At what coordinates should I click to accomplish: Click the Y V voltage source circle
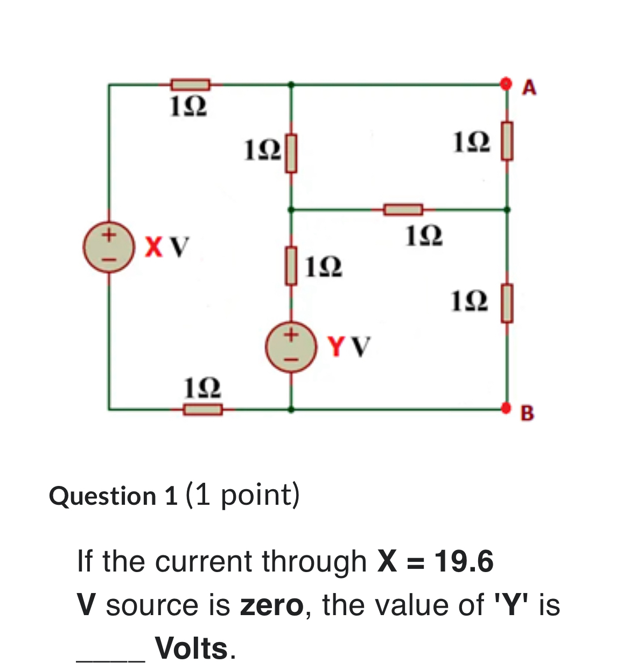pos(290,346)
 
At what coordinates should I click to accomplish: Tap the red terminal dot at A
pos(505,84)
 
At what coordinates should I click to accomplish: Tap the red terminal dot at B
pos(505,408)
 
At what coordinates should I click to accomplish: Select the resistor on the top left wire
pos(190,84)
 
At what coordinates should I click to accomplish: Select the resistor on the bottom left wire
pos(202,410)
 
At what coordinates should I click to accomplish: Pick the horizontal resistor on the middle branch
pos(403,209)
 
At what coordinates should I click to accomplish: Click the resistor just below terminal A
pos(506,141)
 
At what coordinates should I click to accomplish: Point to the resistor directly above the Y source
pos(291,265)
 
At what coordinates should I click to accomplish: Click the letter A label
pos(530,87)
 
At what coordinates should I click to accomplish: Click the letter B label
pos(528,413)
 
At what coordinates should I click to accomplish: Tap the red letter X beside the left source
pos(153,247)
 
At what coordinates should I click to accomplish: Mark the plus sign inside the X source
pos(109,235)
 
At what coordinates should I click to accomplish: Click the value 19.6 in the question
pos(464,561)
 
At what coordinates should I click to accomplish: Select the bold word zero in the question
pos(272,605)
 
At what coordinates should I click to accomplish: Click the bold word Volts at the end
pos(191,648)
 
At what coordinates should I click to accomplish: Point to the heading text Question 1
pos(113,496)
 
